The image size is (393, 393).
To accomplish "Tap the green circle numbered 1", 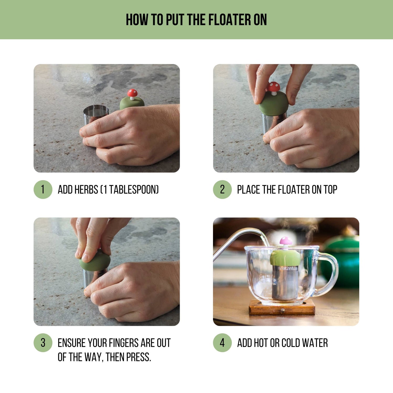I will point(43,189).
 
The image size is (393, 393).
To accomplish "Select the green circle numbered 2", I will point(222,189).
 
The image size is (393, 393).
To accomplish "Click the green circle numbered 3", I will point(43,343).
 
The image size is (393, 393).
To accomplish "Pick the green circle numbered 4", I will point(222,343).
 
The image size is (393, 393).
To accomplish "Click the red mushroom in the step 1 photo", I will point(132,94).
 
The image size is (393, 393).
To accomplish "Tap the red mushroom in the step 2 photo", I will point(273,87).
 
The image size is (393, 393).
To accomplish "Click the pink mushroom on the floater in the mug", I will point(286,241).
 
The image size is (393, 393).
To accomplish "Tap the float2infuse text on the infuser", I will point(287,269).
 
